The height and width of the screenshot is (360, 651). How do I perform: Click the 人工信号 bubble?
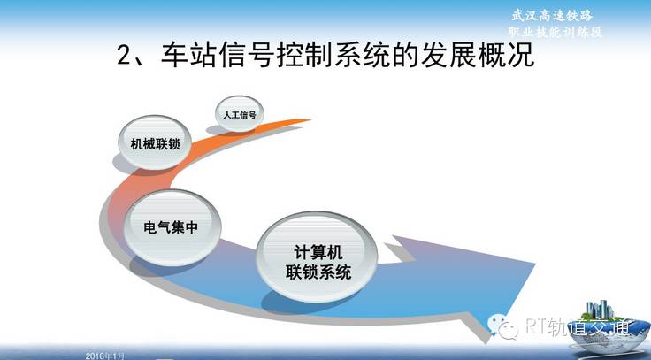tap(240, 114)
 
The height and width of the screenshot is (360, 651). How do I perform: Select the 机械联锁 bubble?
tap(155, 142)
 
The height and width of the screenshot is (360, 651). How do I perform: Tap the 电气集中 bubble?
tap(172, 227)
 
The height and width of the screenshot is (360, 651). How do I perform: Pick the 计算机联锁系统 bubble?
tap(318, 257)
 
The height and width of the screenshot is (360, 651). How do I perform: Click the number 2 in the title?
tap(124, 55)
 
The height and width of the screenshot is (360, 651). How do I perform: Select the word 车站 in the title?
tap(188, 54)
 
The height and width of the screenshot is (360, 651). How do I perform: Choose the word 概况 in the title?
tap(507, 54)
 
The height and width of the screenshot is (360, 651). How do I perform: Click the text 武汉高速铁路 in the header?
tap(552, 16)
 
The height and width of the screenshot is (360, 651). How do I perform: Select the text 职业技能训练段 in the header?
tap(555, 32)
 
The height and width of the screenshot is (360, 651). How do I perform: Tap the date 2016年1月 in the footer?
tap(104, 356)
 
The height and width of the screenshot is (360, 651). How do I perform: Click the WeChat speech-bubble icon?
tap(502, 326)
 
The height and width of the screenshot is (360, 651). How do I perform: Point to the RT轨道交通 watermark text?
tap(577, 326)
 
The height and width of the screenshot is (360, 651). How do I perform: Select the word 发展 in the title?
tap(448, 54)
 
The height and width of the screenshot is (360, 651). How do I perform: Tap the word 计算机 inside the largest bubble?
tap(318, 251)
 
